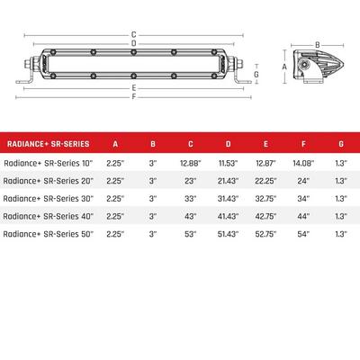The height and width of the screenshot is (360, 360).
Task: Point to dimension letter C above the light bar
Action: (132, 34)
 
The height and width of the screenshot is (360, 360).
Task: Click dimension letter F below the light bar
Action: (132, 95)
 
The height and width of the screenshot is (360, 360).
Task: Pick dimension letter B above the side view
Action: (316, 43)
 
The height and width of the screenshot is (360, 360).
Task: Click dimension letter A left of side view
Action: (285, 67)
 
